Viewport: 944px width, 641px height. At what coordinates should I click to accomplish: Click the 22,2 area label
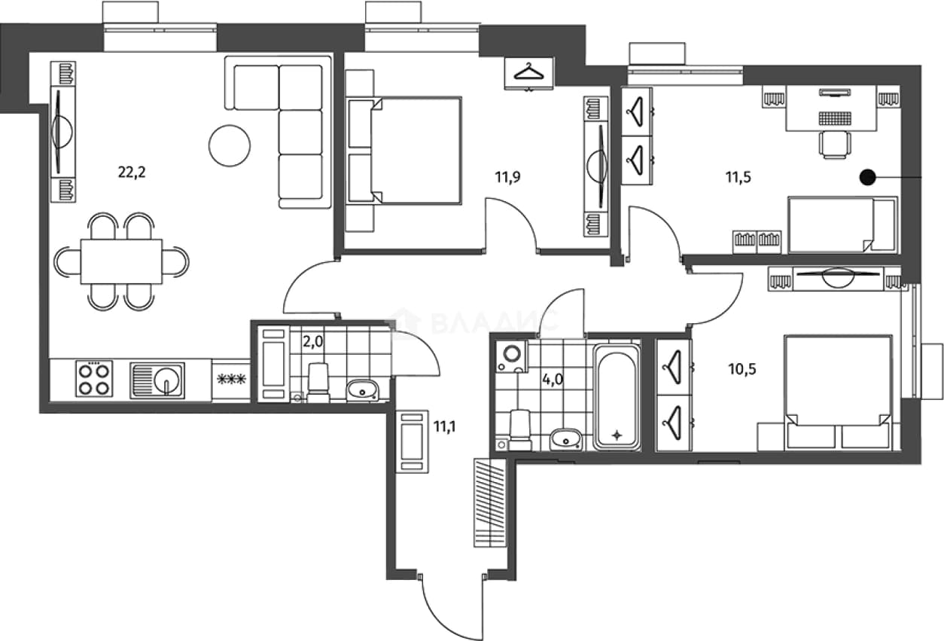pos(132,172)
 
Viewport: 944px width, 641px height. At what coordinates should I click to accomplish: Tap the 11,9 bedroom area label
pos(507,177)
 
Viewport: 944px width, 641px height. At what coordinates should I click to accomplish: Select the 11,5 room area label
pos(738,177)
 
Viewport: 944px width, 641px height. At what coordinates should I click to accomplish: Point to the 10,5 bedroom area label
pos(742,369)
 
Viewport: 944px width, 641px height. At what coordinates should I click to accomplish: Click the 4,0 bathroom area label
pos(553,380)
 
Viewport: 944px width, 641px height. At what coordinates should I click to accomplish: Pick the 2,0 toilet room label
pos(313,341)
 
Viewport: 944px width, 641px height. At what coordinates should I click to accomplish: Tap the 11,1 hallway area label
pos(445,427)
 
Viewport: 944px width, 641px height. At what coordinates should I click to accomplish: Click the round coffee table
pos(230,145)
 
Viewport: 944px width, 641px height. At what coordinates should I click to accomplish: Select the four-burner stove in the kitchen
pos(94,378)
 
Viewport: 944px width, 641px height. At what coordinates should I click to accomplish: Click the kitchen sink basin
pos(157,380)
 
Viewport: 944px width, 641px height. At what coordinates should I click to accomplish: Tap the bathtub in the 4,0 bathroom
pos(617,396)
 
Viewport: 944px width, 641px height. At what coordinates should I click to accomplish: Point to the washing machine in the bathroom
pos(512,356)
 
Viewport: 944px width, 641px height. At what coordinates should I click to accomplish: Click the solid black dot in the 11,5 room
pos(868,178)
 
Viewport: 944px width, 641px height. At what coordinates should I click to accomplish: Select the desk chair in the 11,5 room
pos(834,144)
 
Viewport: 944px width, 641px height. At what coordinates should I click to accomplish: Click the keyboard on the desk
pos(835,118)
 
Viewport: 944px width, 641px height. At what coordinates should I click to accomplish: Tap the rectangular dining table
pos(121,261)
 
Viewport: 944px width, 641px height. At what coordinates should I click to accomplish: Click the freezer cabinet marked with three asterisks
pos(231,380)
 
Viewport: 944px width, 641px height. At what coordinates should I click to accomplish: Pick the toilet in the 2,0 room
pos(318,383)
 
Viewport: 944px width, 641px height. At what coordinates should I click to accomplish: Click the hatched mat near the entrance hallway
pos(490,502)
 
